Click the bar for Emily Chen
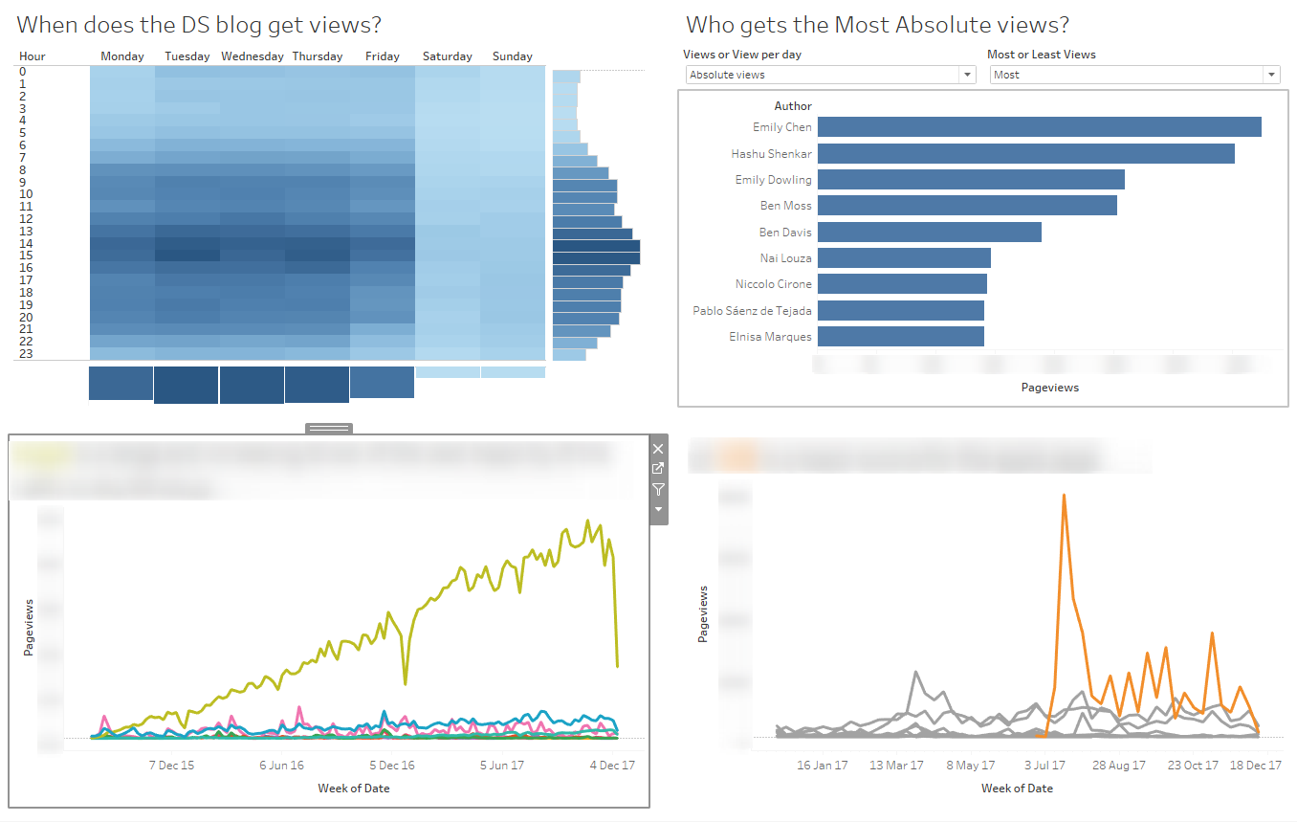pos(1039,127)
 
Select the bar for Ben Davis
pos(929,233)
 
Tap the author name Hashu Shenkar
pos(771,154)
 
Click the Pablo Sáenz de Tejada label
pos(751,311)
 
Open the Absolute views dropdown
pos(967,75)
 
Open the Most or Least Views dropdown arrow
pos(1270,75)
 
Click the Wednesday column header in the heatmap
pos(253,56)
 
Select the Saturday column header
pos(448,56)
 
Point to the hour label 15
pos(26,255)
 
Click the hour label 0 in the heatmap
pos(22,71)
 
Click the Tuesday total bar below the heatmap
pos(187,385)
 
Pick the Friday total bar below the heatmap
pos(382,382)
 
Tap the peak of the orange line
pos(1064,496)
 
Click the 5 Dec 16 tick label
pos(391,766)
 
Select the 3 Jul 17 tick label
pos(1044,766)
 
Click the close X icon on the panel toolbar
pos(657,448)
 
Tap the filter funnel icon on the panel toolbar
pos(657,489)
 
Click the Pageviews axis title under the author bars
pos(1049,388)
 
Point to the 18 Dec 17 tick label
pos(1256,766)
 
